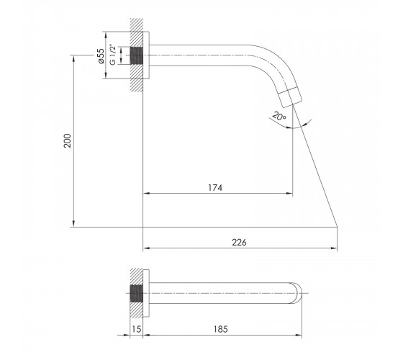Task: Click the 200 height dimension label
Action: point(67,140)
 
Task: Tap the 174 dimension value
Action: point(215,188)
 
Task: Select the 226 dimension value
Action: point(239,242)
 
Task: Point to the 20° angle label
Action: point(279,116)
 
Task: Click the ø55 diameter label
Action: point(101,56)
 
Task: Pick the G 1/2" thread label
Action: point(112,55)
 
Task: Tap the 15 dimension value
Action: point(137,329)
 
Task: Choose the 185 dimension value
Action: point(220,329)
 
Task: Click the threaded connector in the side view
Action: point(137,55)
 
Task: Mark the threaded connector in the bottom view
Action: point(137,294)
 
